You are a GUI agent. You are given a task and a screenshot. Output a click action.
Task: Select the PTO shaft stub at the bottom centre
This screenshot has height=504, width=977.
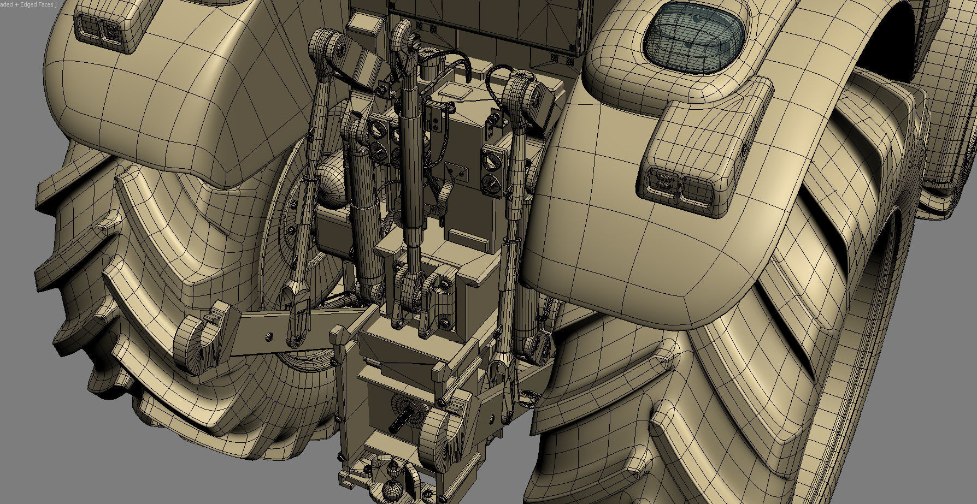pyautogui.click(x=402, y=421)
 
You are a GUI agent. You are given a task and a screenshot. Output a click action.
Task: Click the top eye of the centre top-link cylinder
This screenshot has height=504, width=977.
pyautogui.click(x=403, y=30)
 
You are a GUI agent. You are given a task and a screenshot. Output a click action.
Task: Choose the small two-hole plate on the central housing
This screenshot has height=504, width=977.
pyautogui.click(x=456, y=171)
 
